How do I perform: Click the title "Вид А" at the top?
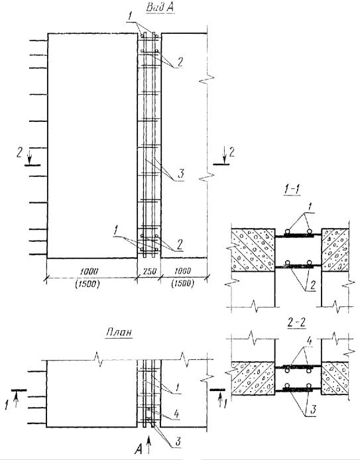[160, 7]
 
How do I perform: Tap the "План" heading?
[119, 333]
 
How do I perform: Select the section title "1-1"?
[292, 190]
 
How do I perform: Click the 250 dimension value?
[149, 271]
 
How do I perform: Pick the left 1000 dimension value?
[89, 271]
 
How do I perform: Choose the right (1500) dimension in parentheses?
[182, 284]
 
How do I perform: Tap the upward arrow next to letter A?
[149, 445]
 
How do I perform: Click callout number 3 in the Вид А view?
[181, 174]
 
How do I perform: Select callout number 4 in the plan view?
[176, 414]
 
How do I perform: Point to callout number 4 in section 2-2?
[309, 341]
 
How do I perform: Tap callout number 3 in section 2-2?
[314, 410]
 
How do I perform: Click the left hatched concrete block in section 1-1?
[253, 250]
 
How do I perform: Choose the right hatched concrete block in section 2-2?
[335, 378]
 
